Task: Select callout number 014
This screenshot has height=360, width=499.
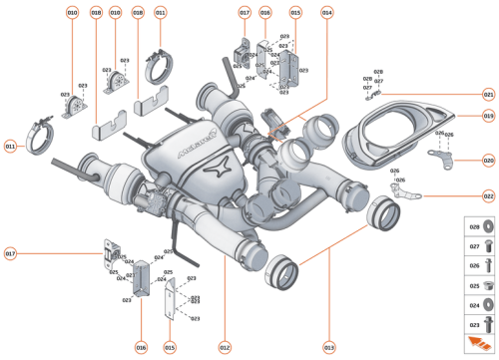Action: (x=326, y=12)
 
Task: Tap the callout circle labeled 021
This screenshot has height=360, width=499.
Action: (x=488, y=95)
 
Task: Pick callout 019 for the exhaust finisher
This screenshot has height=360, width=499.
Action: (x=488, y=117)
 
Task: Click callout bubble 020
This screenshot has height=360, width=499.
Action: (x=488, y=160)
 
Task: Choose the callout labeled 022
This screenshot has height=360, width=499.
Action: (x=488, y=196)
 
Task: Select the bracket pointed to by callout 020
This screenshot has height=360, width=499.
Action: (x=440, y=158)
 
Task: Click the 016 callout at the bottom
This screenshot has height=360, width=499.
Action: (x=141, y=347)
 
